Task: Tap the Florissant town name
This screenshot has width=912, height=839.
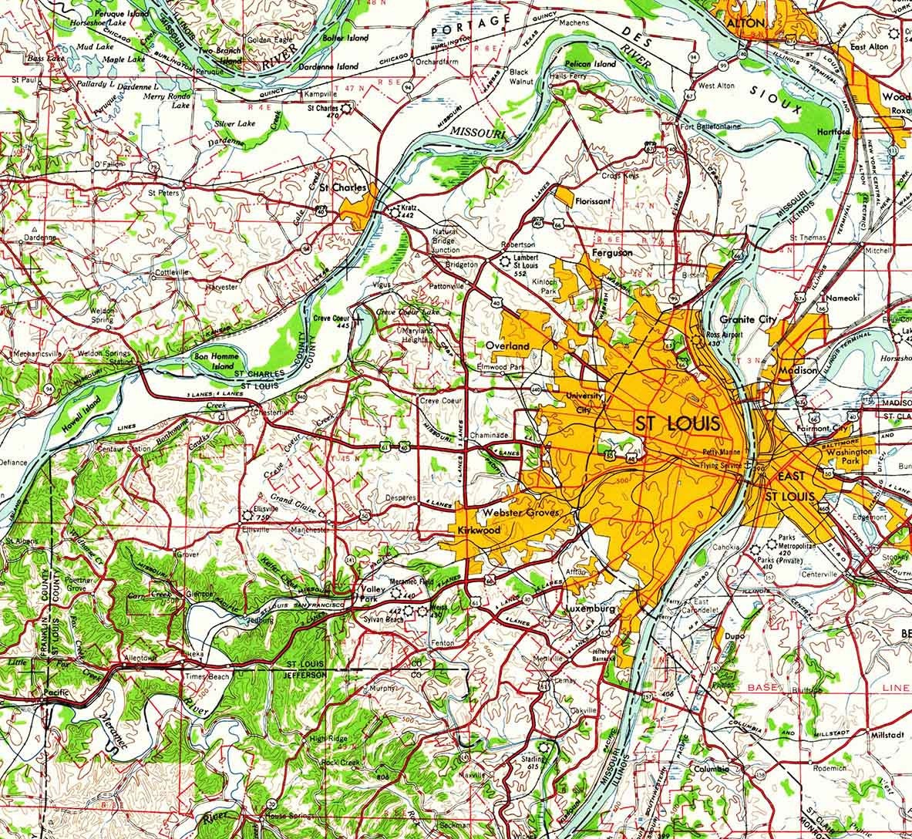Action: tap(592, 201)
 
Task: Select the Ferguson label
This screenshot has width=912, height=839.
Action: tap(612, 252)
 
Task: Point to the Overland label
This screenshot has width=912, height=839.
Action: tap(507, 346)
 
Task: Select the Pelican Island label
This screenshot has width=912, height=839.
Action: tap(590, 64)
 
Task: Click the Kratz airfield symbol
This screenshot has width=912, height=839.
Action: tap(392, 208)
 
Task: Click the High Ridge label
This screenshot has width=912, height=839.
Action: tap(324, 738)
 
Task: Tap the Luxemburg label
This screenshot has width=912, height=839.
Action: tap(591, 608)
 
